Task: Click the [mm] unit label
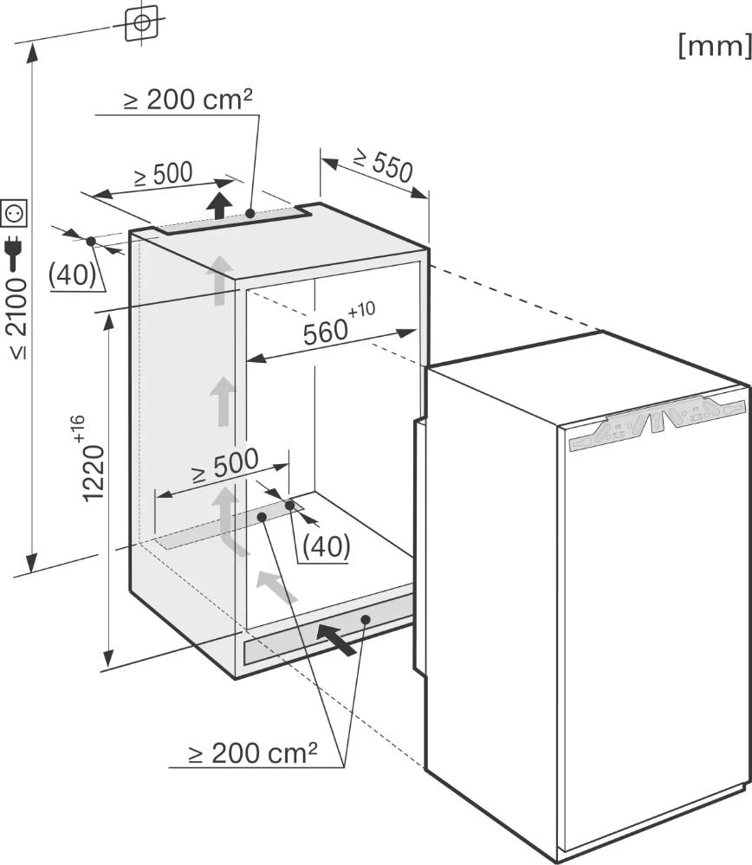point(715,47)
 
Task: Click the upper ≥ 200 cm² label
point(188,100)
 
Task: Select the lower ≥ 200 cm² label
point(253,753)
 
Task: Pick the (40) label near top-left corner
point(72,274)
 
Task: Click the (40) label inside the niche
point(327,546)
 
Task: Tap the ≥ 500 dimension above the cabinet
point(164,175)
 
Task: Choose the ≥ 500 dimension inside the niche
point(224,465)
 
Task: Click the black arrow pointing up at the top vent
point(220,205)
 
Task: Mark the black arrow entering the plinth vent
point(337,639)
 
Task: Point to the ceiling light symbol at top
point(141,23)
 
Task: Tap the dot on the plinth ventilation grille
point(365,619)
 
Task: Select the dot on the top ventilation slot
point(250,213)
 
